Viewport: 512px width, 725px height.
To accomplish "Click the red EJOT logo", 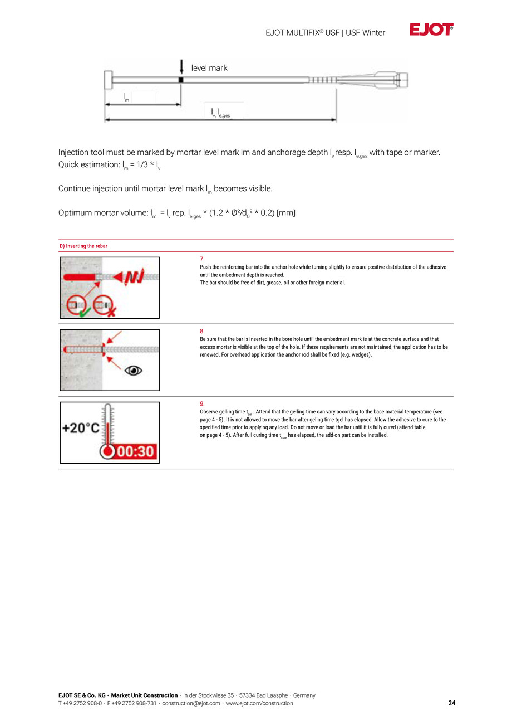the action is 431,29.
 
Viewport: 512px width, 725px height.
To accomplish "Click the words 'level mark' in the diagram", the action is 209,68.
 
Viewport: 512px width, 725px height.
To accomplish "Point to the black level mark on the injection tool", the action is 181,80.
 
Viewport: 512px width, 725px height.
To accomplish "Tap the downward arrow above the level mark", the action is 181,67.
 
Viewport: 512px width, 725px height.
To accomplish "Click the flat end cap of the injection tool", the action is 108,80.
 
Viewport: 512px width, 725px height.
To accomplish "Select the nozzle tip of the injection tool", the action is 405,80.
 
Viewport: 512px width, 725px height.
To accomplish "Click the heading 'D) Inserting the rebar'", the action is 83,246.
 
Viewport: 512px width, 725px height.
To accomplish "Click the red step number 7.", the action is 202,259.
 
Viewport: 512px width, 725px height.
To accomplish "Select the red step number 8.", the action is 202,332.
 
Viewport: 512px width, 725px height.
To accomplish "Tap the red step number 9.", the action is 202,404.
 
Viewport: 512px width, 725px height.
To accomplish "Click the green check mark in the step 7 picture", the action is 85,312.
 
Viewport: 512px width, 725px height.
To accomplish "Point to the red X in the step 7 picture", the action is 111,312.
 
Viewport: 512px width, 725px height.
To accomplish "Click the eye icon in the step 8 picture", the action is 133,370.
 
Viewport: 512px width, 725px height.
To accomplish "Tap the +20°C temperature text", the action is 81,428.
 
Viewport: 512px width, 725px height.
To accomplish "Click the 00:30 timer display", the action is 135,451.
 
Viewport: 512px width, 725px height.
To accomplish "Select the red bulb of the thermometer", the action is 107,451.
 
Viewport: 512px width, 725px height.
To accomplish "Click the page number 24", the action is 451,703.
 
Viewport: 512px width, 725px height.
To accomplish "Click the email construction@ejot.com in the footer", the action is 191,703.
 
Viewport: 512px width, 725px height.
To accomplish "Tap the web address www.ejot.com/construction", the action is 259,703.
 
